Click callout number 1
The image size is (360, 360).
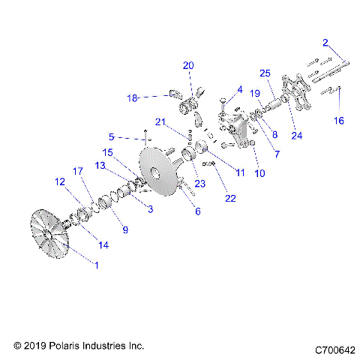point(95,263)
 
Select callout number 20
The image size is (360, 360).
point(187,65)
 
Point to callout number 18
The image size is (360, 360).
point(133,98)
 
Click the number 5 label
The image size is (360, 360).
point(111,137)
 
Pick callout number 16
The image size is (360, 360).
point(338,120)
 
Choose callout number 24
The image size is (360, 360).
point(298,136)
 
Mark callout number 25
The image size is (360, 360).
point(264,73)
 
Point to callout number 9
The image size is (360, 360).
point(124,229)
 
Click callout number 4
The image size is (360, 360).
point(240,89)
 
